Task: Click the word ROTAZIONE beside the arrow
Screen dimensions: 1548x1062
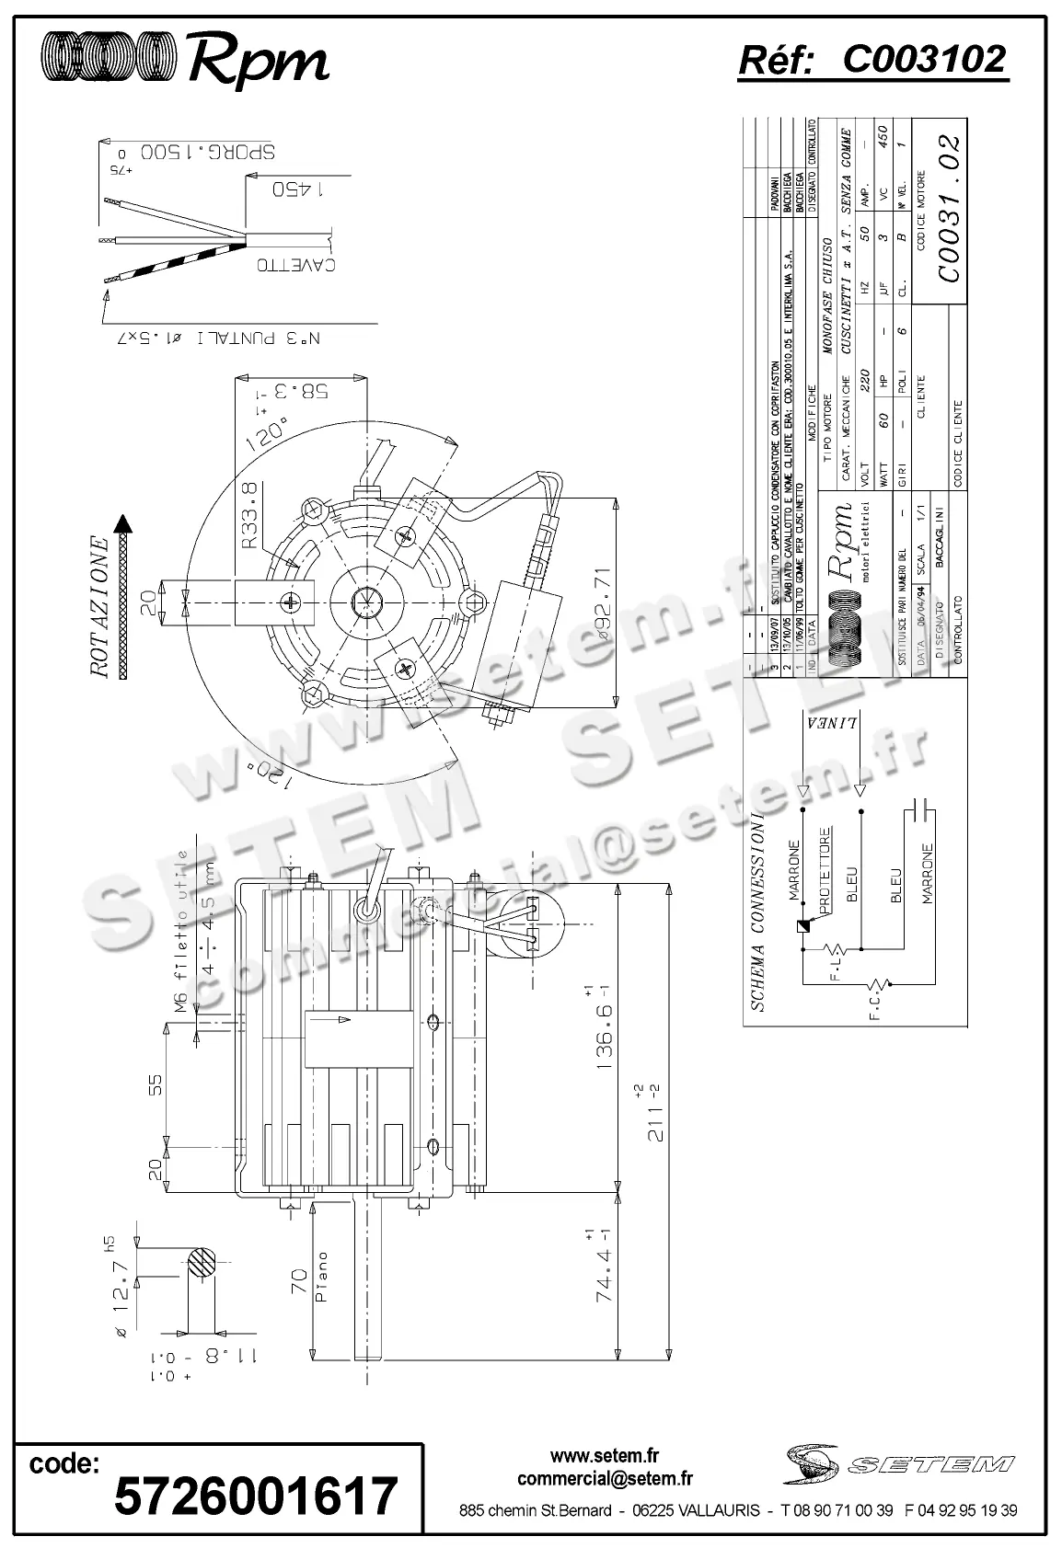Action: click(101, 607)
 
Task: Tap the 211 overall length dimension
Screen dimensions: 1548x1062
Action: click(656, 1113)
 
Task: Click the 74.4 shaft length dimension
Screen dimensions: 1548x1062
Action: click(604, 1291)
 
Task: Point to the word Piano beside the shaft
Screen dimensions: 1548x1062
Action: click(321, 1278)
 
